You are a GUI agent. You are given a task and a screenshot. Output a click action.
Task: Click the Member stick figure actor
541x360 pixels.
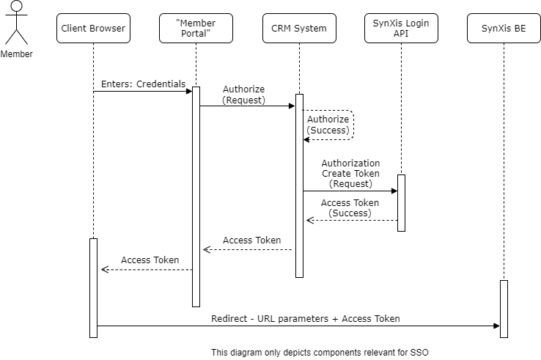pyautogui.click(x=16, y=23)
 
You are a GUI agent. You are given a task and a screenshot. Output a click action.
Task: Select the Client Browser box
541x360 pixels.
pyautogui.click(x=93, y=29)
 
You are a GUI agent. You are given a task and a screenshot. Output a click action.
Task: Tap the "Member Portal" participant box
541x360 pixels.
pyautogui.click(x=196, y=29)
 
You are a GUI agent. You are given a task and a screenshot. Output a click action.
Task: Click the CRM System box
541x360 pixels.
pyautogui.click(x=298, y=29)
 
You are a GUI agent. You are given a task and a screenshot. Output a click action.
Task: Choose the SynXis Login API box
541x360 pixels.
pyautogui.click(x=401, y=29)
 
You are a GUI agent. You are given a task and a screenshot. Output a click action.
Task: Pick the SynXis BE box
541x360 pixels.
pyautogui.click(x=504, y=29)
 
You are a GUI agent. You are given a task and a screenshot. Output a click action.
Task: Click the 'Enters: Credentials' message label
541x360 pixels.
pyautogui.click(x=143, y=84)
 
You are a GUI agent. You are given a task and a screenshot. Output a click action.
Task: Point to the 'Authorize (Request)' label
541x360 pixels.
pyautogui.click(x=244, y=95)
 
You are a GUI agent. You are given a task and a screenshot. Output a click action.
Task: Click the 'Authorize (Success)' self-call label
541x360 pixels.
pyautogui.click(x=328, y=125)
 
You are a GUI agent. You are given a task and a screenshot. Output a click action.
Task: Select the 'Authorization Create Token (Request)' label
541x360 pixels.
pyautogui.click(x=350, y=174)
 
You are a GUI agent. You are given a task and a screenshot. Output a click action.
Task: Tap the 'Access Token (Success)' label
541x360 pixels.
pyautogui.click(x=350, y=208)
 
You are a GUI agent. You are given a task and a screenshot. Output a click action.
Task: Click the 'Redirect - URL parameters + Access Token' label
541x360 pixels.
pyautogui.click(x=305, y=319)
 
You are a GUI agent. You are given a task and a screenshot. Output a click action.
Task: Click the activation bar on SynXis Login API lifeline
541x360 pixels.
pyautogui.click(x=401, y=202)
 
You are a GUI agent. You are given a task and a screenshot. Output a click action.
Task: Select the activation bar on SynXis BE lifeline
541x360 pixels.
pyautogui.click(x=504, y=308)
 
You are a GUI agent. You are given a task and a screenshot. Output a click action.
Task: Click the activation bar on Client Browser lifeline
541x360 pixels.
pyautogui.click(x=93, y=287)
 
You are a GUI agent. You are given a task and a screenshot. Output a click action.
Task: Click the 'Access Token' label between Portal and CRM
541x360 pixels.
pyautogui.click(x=252, y=240)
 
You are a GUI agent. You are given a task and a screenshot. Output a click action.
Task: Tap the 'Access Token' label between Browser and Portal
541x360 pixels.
pyautogui.click(x=150, y=260)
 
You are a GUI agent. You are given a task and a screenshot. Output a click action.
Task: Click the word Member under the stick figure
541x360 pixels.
pyautogui.click(x=16, y=54)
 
